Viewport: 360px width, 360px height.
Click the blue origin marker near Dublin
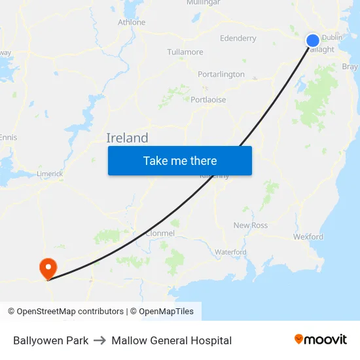[313, 41]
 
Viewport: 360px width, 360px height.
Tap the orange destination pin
[48, 268]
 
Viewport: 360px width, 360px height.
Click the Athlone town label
[132, 22]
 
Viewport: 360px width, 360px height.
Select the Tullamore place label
[185, 52]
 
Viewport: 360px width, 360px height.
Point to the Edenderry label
[238, 39]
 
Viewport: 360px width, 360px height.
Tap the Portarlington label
[221, 75]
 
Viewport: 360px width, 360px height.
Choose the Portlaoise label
[208, 100]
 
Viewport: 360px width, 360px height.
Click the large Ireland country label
[127, 138]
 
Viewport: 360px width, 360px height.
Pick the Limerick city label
[50, 174]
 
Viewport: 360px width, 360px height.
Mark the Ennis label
[9, 137]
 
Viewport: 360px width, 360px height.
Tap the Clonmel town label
[160, 233]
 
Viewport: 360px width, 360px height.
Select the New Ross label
[251, 226]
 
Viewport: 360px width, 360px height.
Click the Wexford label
[308, 237]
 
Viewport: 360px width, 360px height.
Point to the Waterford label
[230, 252]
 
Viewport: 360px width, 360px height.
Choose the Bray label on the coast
[350, 67]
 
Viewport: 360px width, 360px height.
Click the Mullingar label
[203, 3]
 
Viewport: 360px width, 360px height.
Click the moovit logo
[321, 340]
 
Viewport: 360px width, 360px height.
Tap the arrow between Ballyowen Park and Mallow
[100, 340]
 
